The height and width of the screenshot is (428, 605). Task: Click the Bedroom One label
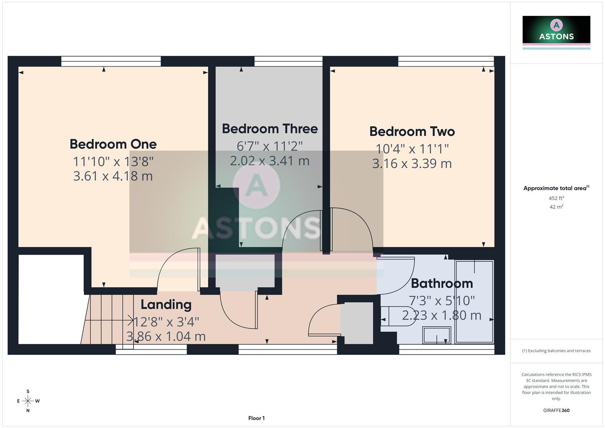(113, 144)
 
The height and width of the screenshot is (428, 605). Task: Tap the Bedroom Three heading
(269, 129)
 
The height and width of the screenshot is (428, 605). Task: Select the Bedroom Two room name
(412, 132)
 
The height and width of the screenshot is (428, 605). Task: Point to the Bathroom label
(442, 283)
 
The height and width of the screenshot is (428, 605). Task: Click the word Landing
(166, 304)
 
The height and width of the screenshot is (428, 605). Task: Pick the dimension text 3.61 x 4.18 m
(113, 176)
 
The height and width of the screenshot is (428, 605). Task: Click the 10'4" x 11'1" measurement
(412, 149)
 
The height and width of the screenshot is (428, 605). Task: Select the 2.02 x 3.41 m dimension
(269, 161)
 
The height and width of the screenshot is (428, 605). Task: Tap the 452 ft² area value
(556, 198)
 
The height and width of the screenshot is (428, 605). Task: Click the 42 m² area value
(556, 207)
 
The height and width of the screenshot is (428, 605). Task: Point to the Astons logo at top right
(556, 30)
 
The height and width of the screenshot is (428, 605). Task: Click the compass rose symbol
(28, 401)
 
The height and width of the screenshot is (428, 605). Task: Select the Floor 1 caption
(256, 418)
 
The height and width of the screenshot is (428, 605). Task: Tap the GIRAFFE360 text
(556, 411)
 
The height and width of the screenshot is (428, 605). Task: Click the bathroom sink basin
(437, 335)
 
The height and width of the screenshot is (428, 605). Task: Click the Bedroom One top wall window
(111, 61)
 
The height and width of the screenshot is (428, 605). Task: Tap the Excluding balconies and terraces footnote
(556, 351)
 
